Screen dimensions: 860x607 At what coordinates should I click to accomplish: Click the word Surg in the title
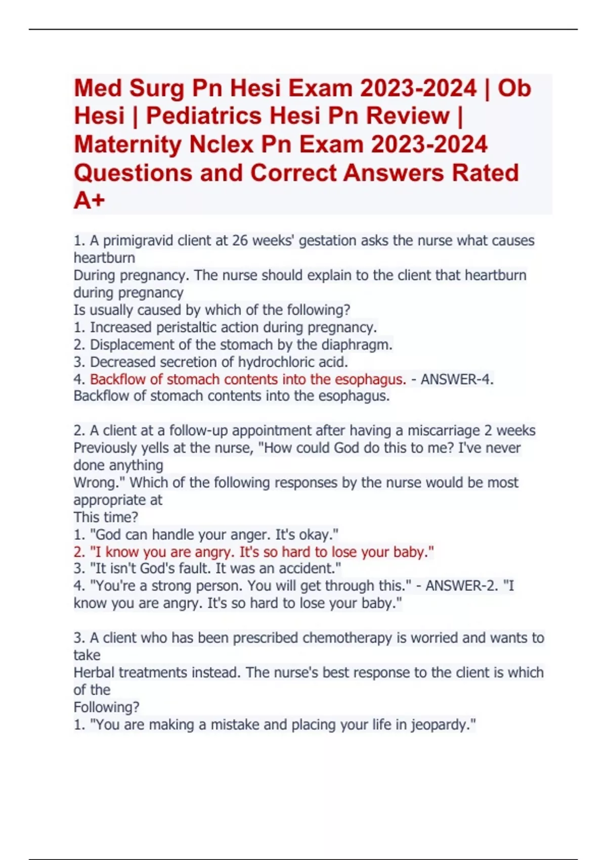pos(157,89)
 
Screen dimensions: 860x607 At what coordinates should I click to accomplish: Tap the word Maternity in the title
pos(128,144)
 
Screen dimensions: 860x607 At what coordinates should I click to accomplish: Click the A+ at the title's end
pos(90,200)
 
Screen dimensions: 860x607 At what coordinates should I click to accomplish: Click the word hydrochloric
pos(269,362)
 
